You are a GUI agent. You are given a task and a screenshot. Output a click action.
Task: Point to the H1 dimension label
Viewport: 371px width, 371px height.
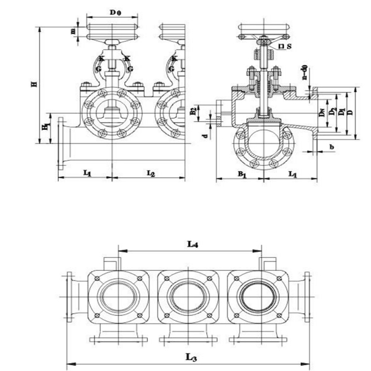[45, 127]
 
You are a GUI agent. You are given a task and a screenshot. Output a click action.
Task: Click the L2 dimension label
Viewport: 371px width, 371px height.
[150, 174]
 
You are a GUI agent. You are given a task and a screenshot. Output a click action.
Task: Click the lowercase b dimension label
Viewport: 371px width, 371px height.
[331, 147]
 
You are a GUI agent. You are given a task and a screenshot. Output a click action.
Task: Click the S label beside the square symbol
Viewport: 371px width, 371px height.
[288, 46]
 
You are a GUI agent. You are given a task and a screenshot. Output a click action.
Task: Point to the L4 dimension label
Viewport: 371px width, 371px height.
[192, 245]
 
